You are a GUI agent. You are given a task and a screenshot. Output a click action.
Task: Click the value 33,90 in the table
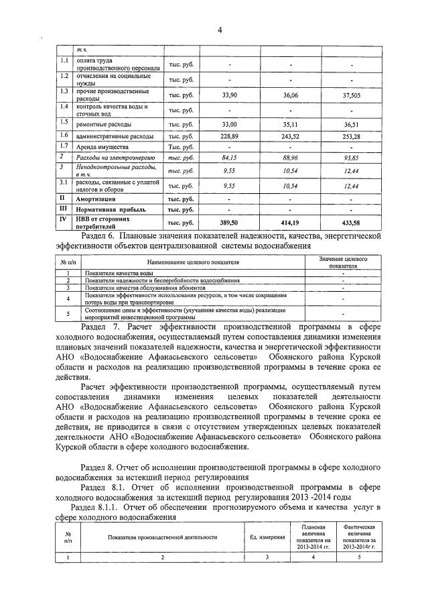[229, 95]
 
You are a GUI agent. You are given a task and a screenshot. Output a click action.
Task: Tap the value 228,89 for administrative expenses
[229, 135]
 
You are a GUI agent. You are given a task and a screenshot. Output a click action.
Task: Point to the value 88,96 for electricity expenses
[291, 158]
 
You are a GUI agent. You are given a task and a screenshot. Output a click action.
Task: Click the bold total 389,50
[229, 221]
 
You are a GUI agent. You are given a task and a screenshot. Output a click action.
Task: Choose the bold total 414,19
[291, 221]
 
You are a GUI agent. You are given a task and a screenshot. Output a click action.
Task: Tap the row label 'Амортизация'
[100, 199]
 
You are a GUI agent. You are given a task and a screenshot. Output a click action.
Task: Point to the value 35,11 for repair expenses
[291, 125]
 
